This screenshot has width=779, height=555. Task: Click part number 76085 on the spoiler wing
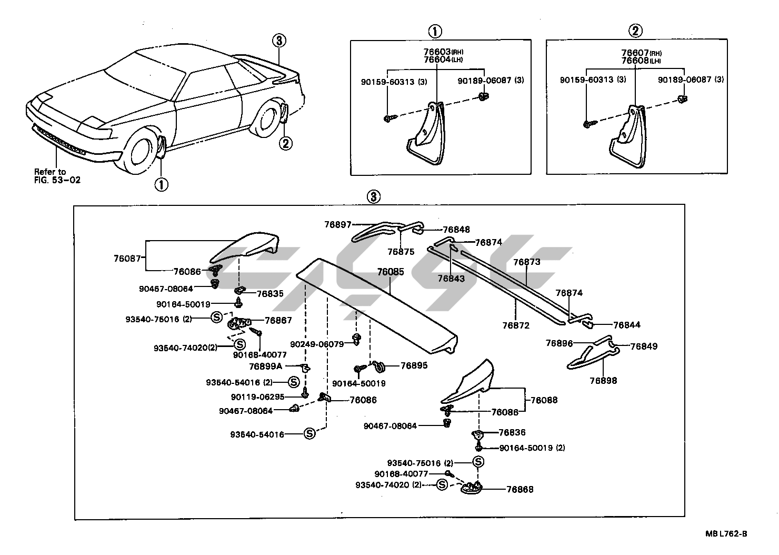click(x=390, y=272)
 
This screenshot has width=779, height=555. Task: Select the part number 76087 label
click(x=127, y=258)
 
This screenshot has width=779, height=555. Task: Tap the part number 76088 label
click(x=544, y=400)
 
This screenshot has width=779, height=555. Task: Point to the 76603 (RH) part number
click(x=437, y=52)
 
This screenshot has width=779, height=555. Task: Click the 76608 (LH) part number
click(x=635, y=61)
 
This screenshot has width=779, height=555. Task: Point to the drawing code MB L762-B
click(x=726, y=533)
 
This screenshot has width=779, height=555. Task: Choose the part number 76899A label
click(x=266, y=366)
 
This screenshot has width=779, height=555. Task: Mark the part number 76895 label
click(x=414, y=365)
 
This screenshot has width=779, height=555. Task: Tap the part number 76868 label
click(x=520, y=489)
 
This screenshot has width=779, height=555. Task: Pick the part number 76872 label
click(x=515, y=325)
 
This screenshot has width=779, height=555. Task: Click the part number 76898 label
click(x=603, y=380)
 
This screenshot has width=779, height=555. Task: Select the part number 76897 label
click(x=337, y=225)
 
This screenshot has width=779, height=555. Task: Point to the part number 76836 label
click(x=512, y=432)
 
